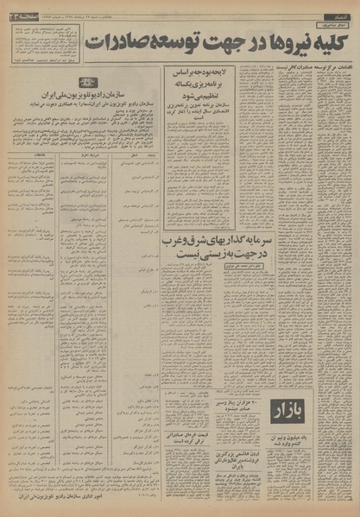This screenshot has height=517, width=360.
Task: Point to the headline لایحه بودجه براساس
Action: (x=207, y=77)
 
